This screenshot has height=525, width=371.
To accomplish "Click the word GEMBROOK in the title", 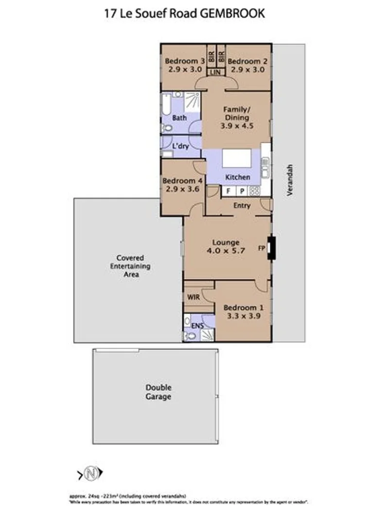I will tap(233, 14).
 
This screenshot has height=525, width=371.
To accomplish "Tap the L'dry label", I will tap(180, 146).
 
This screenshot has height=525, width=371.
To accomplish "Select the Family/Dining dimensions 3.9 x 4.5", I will tap(237, 125).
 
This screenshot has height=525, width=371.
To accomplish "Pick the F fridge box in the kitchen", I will tap(228, 191).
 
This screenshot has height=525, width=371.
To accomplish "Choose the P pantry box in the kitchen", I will tap(242, 191).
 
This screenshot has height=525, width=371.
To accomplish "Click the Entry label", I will tap(242, 206).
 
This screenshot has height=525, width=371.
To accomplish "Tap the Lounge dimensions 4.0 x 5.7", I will tap(225, 251).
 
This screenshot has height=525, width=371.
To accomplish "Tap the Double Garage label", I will tap(159, 392).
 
